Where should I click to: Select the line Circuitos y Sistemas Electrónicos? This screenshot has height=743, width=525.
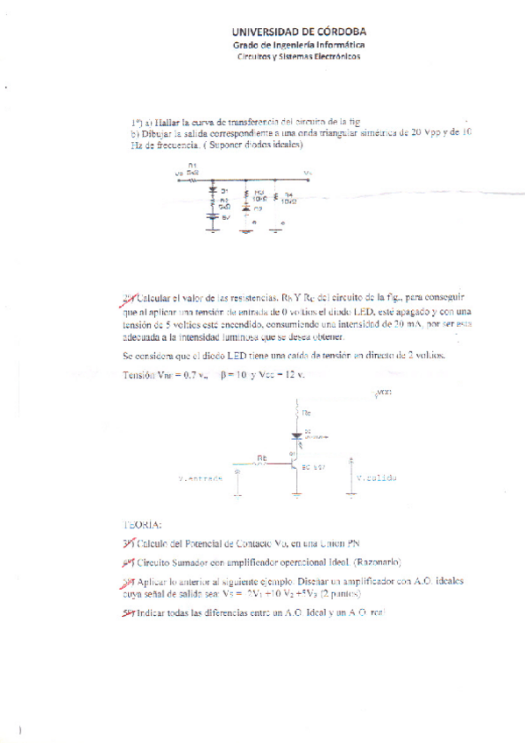tap(299, 56)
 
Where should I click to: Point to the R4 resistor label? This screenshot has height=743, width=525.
tap(289, 195)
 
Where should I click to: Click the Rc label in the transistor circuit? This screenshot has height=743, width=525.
tap(306, 411)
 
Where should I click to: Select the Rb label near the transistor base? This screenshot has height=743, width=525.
tap(262, 457)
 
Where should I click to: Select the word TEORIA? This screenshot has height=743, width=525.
tap(142, 524)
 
